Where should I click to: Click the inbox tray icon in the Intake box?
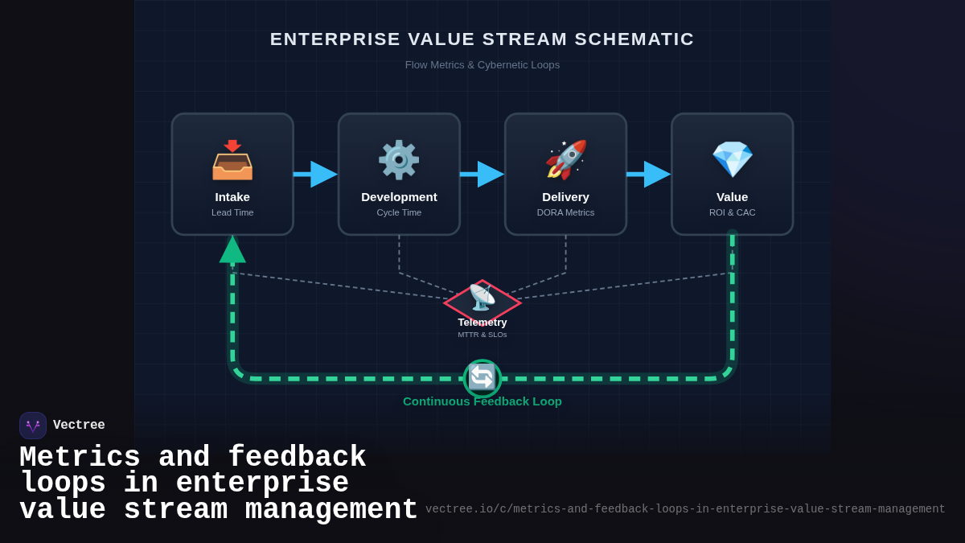[x=232, y=160]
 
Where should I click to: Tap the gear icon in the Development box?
[x=399, y=160]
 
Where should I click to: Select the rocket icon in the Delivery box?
[x=566, y=159]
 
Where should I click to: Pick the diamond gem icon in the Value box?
[x=733, y=159]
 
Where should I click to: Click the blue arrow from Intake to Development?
[x=316, y=174]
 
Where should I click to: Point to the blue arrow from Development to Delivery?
[x=482, y=174]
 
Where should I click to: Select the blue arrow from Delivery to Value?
[x=649, y=174]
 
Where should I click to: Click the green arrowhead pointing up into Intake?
[x=232, y=250]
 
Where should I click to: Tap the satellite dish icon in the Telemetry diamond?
[x=482, y=298]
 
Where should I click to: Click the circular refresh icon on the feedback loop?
[x=482, y=377]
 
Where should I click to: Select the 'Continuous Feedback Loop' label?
[x=482, y=401]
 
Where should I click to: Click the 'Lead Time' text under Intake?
[x=232, y=212]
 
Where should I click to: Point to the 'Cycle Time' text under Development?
[x=399, y=212]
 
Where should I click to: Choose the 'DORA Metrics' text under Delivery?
[x=566, y=212]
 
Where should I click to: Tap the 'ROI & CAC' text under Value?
[x=733, y=212]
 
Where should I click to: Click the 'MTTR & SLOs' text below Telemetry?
[x=482, y=335]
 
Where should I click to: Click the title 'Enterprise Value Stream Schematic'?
[x=482, y=39]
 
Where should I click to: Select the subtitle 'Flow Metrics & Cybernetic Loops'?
[x=482, y=64]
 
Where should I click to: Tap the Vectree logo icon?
[x=33, y=426]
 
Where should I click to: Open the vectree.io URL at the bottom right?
[x=685, y=509]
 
